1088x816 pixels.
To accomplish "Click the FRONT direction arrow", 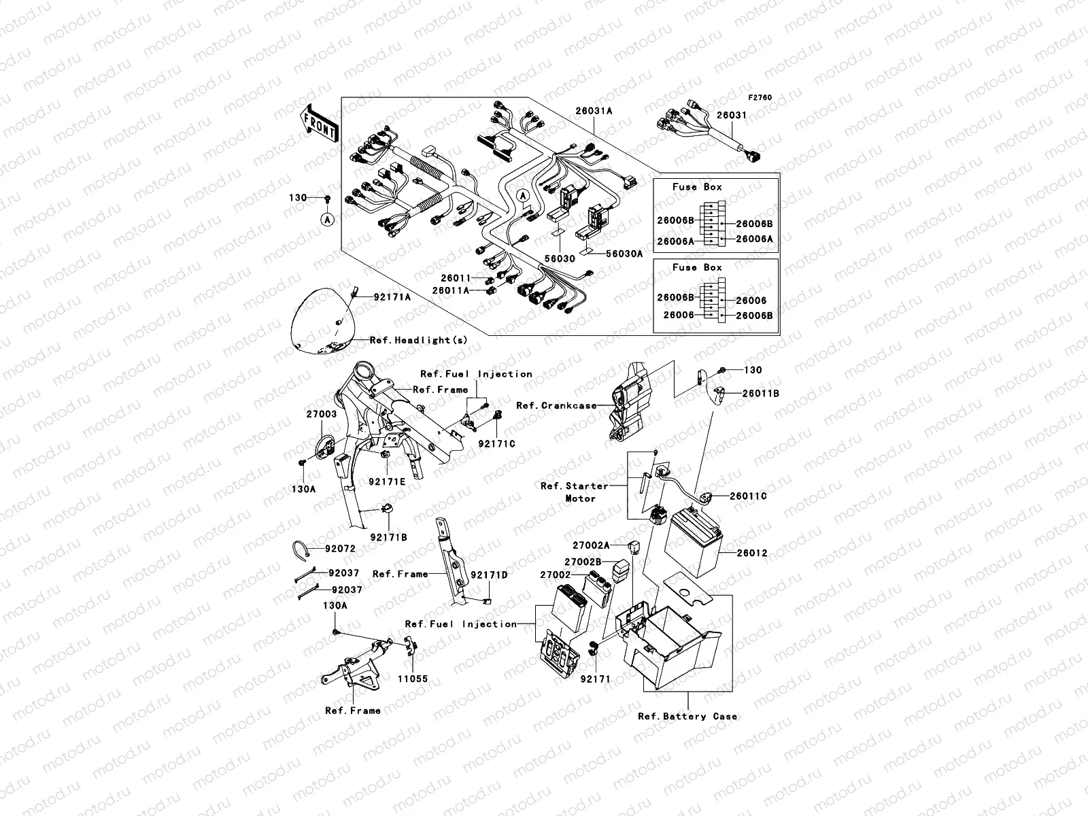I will click(x=321, y=123).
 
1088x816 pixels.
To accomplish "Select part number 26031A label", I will click(x=594, y=111).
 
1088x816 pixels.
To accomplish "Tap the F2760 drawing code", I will click(x=760, y=98).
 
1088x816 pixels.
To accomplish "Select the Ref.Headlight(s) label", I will click(x=418, y=340).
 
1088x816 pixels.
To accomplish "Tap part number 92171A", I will click(x=392, y=297).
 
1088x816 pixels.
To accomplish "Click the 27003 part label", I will click(x=321, y=413).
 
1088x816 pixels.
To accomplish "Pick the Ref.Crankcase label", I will click(x=556, y=406).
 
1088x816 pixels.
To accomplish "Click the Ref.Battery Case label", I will click(x=687, y=716).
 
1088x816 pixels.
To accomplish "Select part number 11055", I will click(x=413, y=679).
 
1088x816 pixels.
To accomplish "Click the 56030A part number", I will click(x=624, y=254).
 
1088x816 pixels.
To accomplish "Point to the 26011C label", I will click(x=748, y=496).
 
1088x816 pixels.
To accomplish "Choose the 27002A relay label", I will click(x=590, y=545).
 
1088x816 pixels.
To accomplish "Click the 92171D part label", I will click(x=489, y=575).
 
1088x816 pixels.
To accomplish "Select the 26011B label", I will click(x=760, y=393).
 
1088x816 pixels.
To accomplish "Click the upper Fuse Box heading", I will click(x=697, y=187).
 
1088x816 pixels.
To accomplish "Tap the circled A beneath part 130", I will click(x=326, y=219).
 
